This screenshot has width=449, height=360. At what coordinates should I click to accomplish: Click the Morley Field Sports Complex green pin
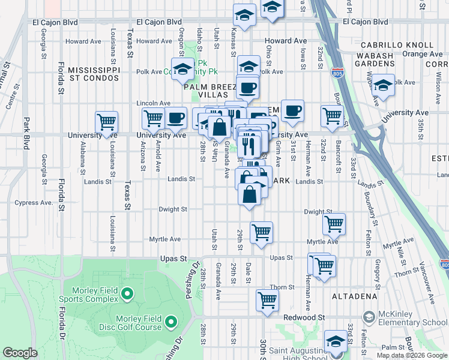pyautogui.click(x=127, y=293)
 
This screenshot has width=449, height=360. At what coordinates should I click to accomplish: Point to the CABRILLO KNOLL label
pyautogui.click(x=397, y=45)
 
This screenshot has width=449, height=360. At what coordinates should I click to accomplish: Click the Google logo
pyautogui.click(x=20, y=353)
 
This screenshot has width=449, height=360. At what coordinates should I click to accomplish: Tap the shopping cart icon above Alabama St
pyautogui.click(x=106, y=121)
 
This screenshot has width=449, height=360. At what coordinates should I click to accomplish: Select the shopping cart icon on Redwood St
pyautogui.click(x=267, y=299)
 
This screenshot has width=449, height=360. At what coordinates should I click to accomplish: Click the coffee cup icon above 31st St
pyautogui.click(x=292, y=110)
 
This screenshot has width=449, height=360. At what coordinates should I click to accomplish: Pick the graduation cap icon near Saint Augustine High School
pyautogui.click(x=335, y=341)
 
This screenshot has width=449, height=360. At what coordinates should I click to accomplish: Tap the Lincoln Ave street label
pyautogui.click(x=154, y=103)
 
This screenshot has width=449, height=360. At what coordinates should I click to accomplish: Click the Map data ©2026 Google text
pyautogui.click(x=411, y=355)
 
